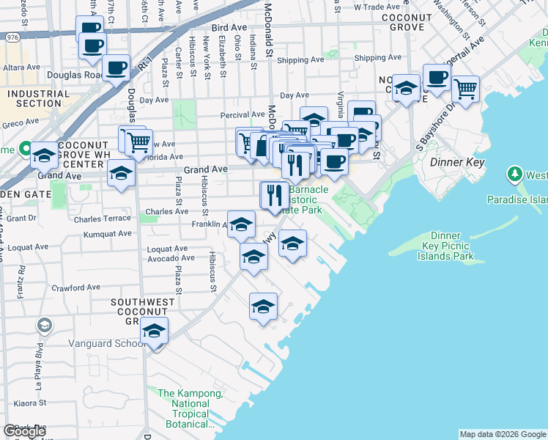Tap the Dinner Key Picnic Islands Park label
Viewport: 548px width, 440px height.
point(445,246)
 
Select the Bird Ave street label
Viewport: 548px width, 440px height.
point(227,27)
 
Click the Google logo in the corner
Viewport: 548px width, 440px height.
point(24,431)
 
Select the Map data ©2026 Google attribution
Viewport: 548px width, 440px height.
point(503,434)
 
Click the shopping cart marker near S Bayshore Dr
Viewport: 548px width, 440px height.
point(466,89)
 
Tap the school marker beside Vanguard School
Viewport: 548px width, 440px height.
point(155,331)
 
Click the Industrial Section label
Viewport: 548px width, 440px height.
point(39,98)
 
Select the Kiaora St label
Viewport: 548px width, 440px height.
point(29,403)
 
